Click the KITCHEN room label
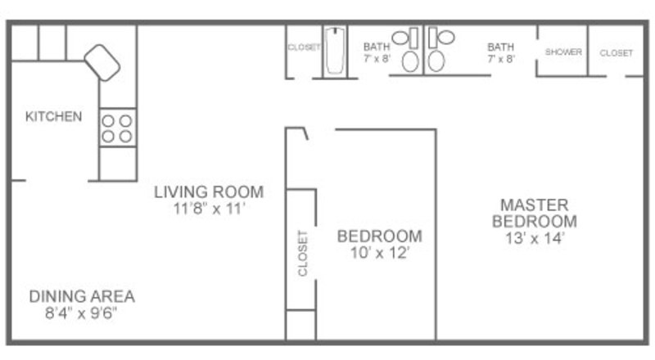[53, 116]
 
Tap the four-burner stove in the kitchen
[117, 128]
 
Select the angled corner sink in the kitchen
[102, 63]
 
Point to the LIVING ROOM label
[209, 192]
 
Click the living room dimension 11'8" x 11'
[209, 209]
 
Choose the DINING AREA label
[82, 296]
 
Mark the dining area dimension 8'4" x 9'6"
[81, 313]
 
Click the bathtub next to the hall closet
[335, 51]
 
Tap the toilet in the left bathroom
[410, 61]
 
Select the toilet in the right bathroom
[436, 61]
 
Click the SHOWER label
[563, 52]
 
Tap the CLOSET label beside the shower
[617, 53]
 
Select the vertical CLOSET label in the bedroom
[302, 253]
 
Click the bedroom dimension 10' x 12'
[380, 253]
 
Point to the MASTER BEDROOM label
[535, 213]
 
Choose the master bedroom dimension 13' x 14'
[535, 238]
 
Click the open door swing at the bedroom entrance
[305, 133]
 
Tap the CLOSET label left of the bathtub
[304, 47]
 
